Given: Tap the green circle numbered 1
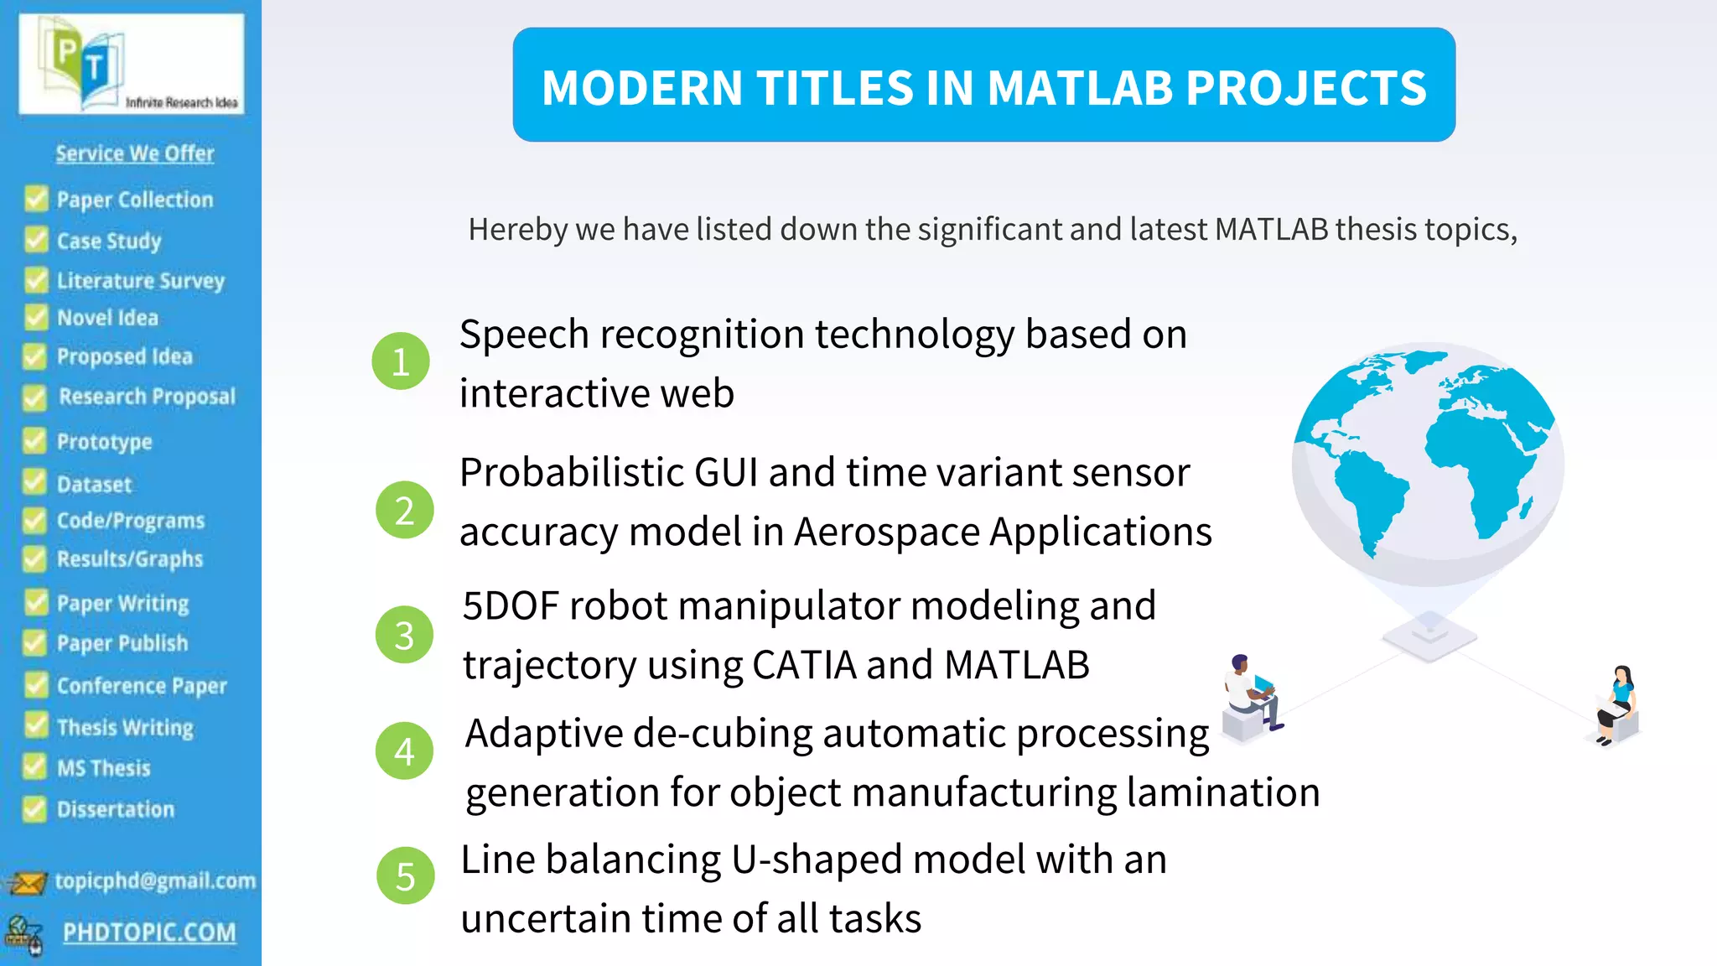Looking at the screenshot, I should (x=401, y=361).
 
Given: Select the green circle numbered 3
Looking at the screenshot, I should (x=404, y=635).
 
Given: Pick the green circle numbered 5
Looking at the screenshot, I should (x=405, y=876).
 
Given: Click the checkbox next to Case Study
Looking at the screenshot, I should (x=36, y=240).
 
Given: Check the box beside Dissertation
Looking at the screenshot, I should (x=34, y=809).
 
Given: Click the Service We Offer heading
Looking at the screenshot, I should (x=134, y=153).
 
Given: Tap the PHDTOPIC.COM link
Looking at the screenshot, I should (x=149, y=932).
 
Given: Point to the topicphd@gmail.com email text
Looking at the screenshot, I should (x=155, y=880).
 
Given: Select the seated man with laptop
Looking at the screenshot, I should (x=1251, y=696).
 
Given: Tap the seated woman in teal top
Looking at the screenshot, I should (x=1616, y=704).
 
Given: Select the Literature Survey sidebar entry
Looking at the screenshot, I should (x=140, y=280).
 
